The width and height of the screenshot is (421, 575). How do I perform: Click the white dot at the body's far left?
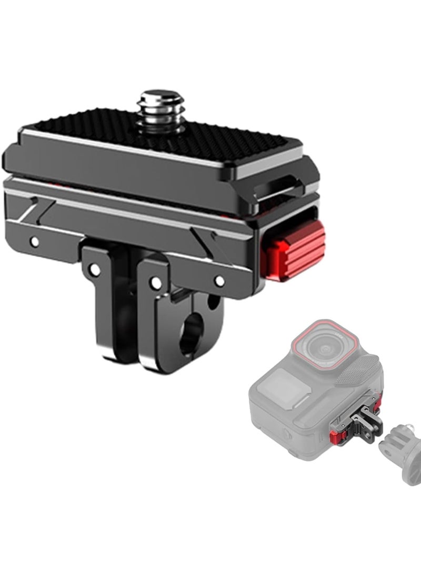[x=35, y=242]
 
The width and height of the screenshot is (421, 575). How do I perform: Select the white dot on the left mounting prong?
[x=95, y=270]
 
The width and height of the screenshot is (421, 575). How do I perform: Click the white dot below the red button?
[x=220, y=281]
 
